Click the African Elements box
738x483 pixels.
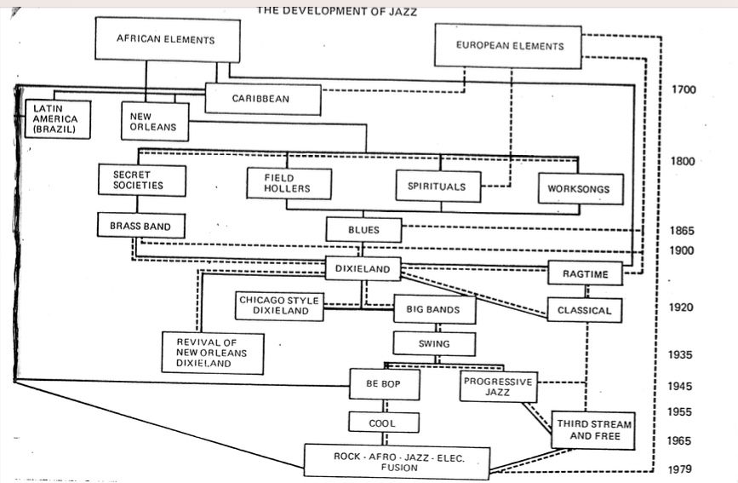point(165,40)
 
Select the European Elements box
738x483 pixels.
point(509,46)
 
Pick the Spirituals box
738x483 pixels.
point(437,186)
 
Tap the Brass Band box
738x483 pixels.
point(140,227)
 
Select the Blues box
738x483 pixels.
point(363,230)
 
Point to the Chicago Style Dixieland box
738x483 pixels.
point(279,306)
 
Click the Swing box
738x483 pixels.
point(434,344)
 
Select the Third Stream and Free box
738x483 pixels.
point(594,430)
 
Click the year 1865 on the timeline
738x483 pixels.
point(682,230)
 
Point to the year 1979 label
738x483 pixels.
point(681,469)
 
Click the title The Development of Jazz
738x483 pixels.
point(337,12)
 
